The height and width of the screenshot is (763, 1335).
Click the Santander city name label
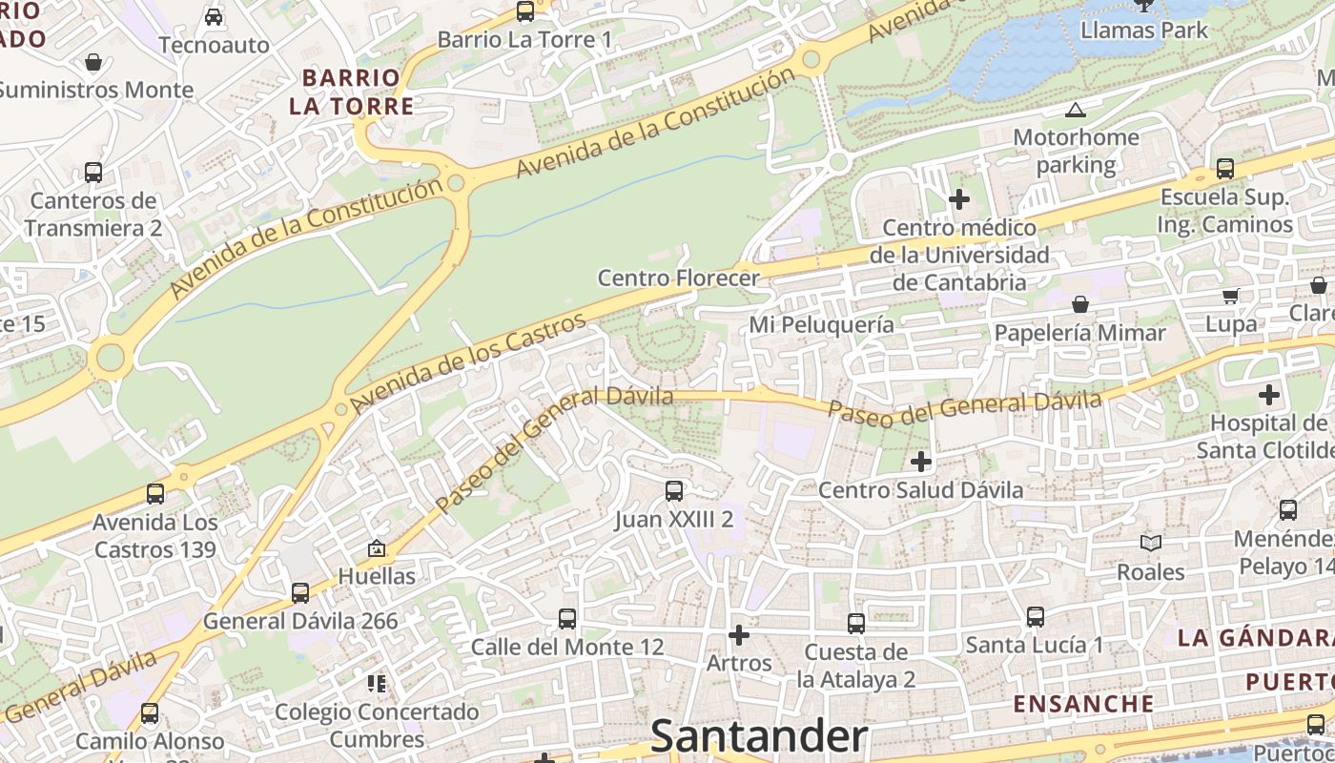tap(759, 737)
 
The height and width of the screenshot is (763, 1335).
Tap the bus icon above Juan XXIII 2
tap(673, 491)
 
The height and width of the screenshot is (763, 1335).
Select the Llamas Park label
tap(1143, 30)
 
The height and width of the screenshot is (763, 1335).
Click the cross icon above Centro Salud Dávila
tap(920, 462)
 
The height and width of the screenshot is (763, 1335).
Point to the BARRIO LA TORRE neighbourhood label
tap(352, 92)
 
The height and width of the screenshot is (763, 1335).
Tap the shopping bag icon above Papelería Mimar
tap(1080, 304)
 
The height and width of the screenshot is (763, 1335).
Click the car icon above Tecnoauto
tap(214, 17)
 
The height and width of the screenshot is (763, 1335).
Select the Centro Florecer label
tap(678, 278)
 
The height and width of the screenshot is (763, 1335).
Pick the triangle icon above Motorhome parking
tap(1076, 110)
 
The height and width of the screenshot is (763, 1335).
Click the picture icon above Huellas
tap(377, 548)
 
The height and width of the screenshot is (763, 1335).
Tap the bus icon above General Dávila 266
tap(299, 592)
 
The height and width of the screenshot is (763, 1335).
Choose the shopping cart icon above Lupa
tap(1230, 296)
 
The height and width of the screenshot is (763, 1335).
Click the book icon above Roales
tap(1151, 544)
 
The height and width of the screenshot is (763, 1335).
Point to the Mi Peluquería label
tap(821, 324)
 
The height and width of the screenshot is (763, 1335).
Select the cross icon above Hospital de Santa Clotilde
tap(1268, 394)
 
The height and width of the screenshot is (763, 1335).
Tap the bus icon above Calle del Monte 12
tap(567, 618)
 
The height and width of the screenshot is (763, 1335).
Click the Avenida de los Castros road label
tap(467, 363)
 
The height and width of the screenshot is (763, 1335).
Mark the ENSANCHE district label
tap(1083, 704)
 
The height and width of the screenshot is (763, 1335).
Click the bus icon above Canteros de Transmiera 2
tap(92, 173)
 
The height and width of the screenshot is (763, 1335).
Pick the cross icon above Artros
tap(738, 634)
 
